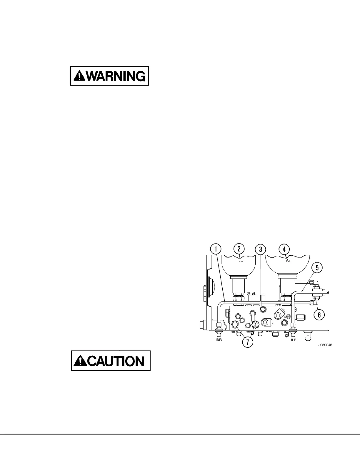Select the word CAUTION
(x=116, y=361)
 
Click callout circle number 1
(x=216, y=249)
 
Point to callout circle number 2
(x=239, y=249)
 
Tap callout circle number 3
(x=261, y=249)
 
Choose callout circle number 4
(x=284, y=249)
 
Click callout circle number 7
(x=247, y=342)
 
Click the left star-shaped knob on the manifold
(x=235, y=324)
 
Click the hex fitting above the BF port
(x=293, y=326)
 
